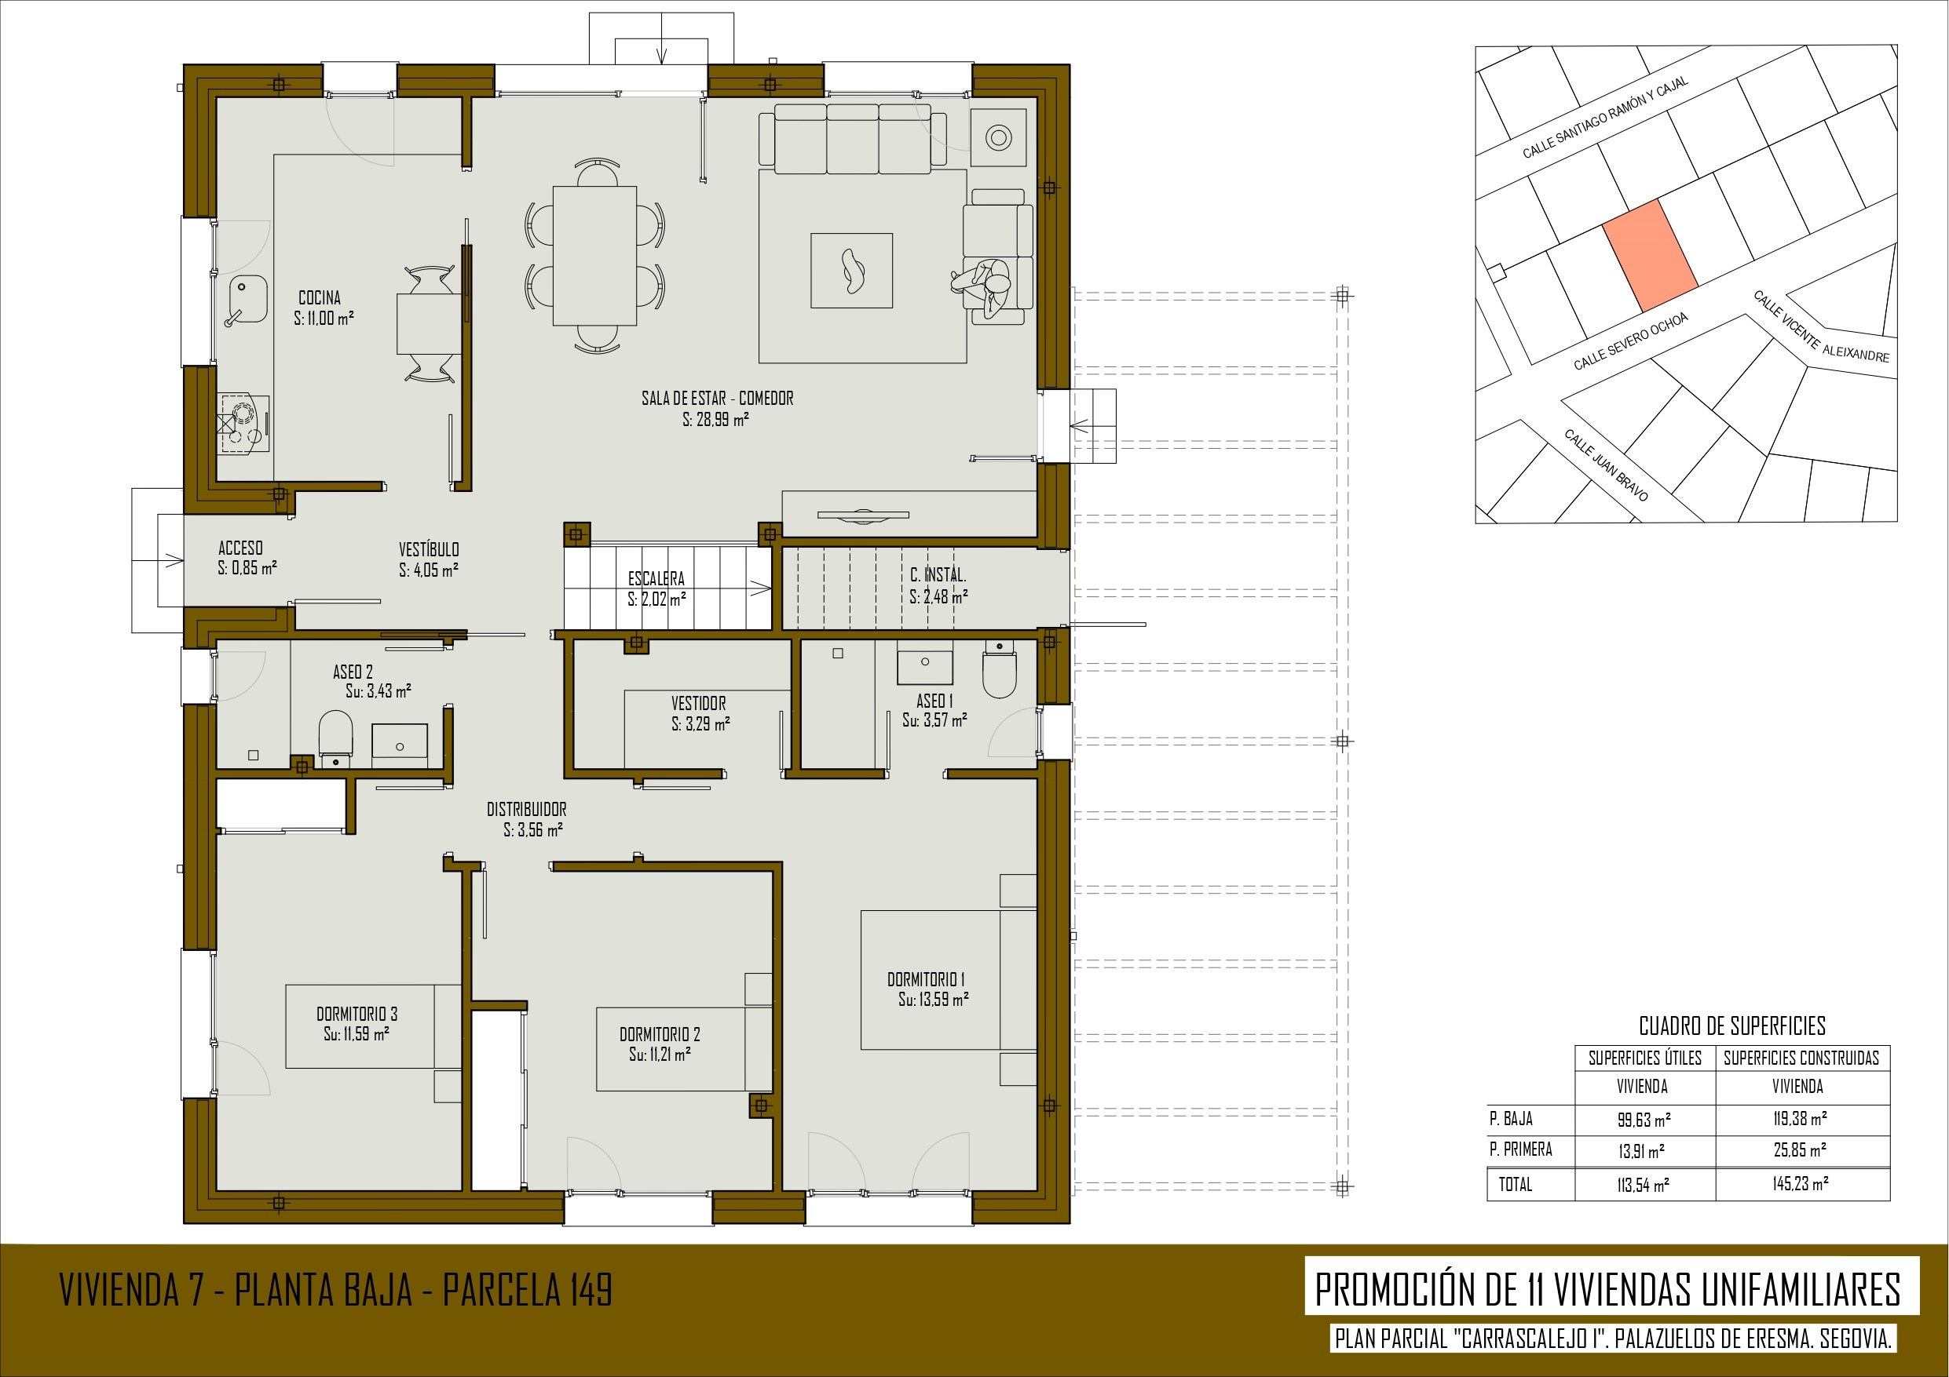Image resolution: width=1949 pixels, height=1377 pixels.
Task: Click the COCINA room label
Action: (x=320, y=298)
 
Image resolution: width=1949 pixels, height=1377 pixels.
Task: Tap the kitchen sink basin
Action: (x=248, y=299)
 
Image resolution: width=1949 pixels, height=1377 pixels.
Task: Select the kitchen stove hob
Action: (x=243, y=424)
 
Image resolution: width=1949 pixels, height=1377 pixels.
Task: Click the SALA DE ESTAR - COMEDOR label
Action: (x=717, y=398)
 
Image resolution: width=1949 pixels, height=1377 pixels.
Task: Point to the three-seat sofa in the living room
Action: (x=852, y=136)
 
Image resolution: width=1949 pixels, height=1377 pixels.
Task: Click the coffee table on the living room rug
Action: (x=851, y=271)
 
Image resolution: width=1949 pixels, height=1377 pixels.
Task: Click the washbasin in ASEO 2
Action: (x=400, y=745)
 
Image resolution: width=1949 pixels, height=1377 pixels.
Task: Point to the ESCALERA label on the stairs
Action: (x=656, y=578)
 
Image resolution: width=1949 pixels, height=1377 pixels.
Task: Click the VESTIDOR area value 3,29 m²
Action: (x=700, y=723)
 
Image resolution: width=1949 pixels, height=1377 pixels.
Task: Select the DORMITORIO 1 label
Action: (x=926, y=979)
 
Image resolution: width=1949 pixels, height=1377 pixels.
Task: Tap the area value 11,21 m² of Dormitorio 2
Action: (x=660, y=1054)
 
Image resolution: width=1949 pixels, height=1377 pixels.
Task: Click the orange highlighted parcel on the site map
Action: (x=1649, y=255)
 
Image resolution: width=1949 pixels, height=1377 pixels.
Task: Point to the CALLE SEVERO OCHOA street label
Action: (x=1631, y=341)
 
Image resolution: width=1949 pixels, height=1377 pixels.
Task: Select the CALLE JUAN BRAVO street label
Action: (x=1607, y=465)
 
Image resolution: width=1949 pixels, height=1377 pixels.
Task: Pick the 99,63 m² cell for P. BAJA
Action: (x=1644, y=1119)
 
